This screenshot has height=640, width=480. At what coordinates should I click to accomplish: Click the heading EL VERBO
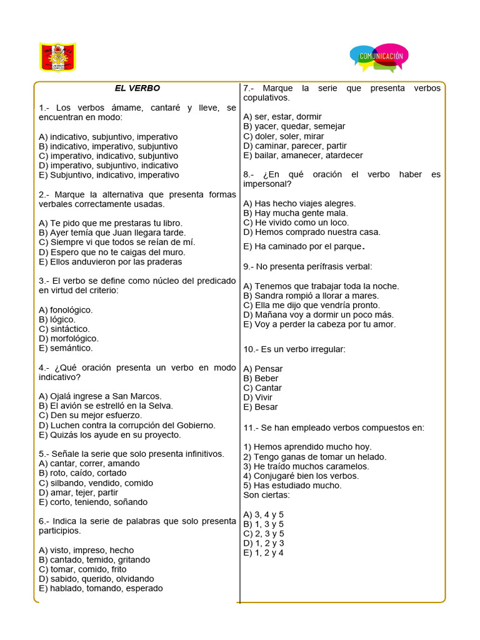point(137,88)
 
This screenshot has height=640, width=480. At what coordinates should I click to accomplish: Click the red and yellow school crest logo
point(57,57)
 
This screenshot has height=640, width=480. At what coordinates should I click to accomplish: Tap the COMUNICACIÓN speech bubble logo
point(380,57)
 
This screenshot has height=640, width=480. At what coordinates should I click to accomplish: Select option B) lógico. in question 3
point(57,319)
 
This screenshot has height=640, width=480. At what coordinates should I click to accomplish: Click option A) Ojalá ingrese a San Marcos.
point(100,396)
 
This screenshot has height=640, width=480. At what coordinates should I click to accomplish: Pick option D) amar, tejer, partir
point(78,492)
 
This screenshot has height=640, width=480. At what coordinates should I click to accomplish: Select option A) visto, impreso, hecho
point(86,550)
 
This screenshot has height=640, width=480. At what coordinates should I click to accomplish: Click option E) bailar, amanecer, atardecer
point(302,155)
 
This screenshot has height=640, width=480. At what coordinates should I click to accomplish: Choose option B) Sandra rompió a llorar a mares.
point(311,296)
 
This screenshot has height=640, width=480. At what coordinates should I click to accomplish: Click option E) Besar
point(261,407)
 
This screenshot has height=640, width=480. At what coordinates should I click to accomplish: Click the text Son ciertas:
point(266,495)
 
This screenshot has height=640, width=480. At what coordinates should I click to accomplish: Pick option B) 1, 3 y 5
point(263,524)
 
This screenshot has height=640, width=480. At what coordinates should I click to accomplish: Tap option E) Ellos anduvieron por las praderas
point(110,262)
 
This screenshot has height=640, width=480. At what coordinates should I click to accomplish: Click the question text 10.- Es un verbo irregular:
point(294,349)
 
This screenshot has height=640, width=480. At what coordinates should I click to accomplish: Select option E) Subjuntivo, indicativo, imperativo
point(108,175)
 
